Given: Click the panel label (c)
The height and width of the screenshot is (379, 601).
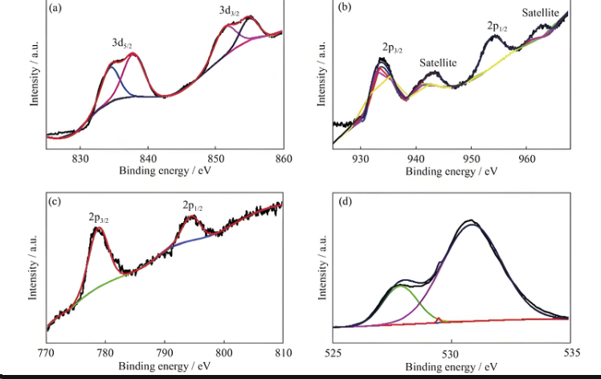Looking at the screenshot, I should tap(55, 201).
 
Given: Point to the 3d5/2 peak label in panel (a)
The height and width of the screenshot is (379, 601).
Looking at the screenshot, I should tap(123, 43).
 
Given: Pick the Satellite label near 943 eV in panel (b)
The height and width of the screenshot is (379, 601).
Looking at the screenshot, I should tap(438, 62).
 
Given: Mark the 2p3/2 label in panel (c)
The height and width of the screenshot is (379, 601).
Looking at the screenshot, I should tap(101, 217).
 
